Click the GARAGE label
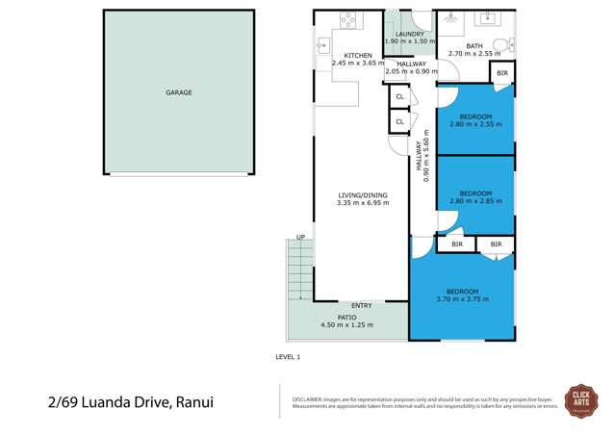click(x=178, y=93)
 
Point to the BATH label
click(x=474, y=46)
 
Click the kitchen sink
click(x=321, y=45)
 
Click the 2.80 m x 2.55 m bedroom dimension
click(x=475, y=124)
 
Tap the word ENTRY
click(x=362, y=306)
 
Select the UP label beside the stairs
click(x=300, y=238)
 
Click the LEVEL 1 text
click(x=288, y=357)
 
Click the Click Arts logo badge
click(x=581, y=399)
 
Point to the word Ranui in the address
click(x=196, y=401)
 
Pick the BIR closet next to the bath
click(x=500, y=73)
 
